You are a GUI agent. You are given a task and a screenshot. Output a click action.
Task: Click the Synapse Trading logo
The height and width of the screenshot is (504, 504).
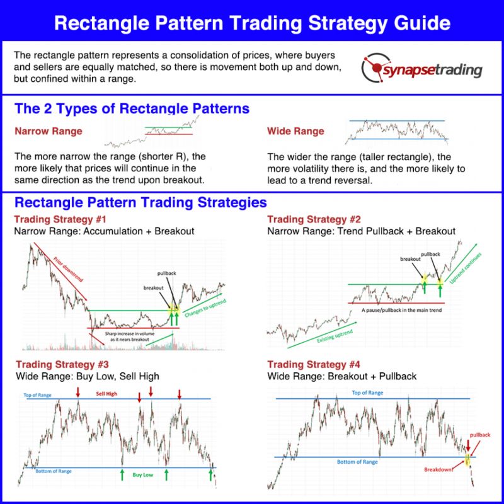click(x=420, y=69)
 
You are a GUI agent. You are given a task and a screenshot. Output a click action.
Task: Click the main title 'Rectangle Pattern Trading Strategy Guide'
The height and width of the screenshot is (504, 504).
click(x=252, y=23)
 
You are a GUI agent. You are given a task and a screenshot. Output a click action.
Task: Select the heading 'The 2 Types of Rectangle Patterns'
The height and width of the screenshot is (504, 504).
click(x=132, y=108)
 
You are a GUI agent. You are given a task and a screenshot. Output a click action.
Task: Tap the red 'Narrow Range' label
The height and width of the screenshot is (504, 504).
click(x=49, y=132)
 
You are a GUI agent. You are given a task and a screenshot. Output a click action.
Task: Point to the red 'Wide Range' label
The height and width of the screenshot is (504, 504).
click(x=296, y=132)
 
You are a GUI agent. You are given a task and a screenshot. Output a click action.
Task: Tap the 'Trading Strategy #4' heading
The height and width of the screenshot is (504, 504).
click(x=314, y=364)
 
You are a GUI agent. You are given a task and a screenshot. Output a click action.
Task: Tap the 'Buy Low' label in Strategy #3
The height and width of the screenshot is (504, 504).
click(x=143, y=474)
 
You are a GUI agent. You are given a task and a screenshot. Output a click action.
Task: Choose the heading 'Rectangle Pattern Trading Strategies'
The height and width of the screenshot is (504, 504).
click(x=140, y=203)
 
